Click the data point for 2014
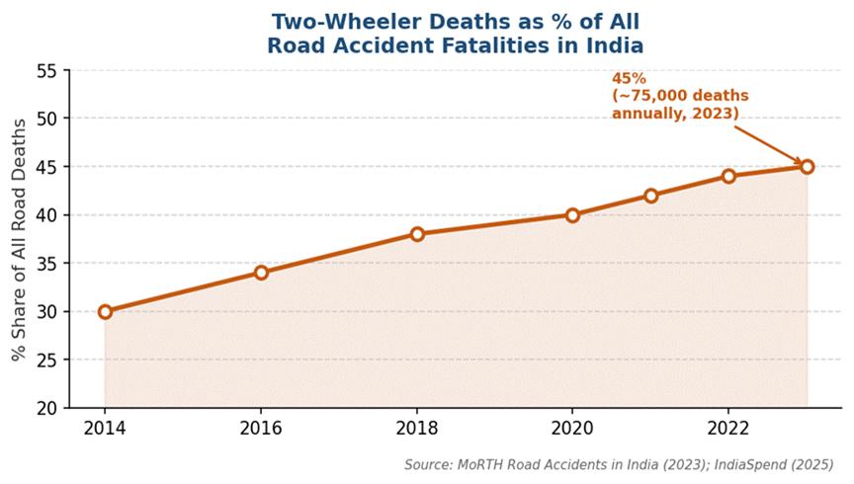click(x=105, y=311)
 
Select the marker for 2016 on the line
click(x=261, y=273)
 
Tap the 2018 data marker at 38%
click(x=417, y=234)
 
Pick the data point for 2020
click(x=572, y=214)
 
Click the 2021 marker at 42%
click(x=650, y=196)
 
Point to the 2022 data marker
click(x=728, y=176)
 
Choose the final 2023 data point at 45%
click(x=807, y=166)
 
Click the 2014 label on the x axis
click(x=105, y=430)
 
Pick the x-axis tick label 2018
click(x=417, y=430)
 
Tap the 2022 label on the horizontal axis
click(x=728, y=430)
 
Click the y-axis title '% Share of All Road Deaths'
click(x=19, y=238)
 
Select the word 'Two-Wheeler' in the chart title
click(x=333, y=21)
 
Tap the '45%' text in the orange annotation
click(x=629, y=78)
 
